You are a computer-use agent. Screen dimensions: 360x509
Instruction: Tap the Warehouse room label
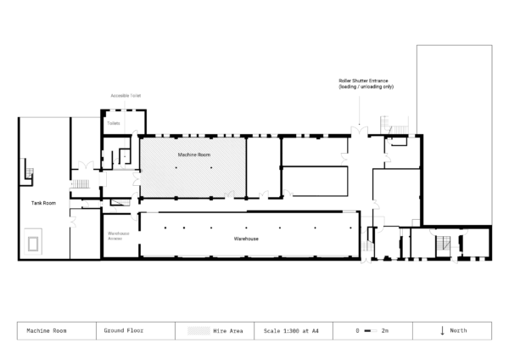[x=246, y=239]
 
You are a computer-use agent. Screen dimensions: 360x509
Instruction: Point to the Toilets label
[x=114, y=124]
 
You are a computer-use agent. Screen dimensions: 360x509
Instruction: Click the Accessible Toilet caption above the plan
[x=126, y=97]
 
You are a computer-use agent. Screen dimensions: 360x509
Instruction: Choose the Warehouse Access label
[x=117, y=235]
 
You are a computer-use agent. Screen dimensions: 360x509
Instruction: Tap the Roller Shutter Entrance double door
[x=360, y=132]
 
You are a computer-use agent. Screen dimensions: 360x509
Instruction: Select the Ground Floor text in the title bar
[x=123, y=330]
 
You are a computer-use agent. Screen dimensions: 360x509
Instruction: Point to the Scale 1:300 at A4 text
[x=291, y=330]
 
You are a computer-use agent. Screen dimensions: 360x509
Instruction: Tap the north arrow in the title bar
[x=442, y=330]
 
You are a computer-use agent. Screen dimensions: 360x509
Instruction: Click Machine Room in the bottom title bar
[x=47, y=330]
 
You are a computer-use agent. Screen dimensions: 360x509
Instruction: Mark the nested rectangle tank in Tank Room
[x=34, y=243]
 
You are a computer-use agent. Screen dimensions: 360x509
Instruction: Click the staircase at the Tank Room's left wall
[x=28, y=172]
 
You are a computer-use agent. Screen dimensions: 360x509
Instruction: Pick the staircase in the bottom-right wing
[x=442, y=245]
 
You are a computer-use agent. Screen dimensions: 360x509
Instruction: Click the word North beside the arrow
[x=458, y=330]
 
